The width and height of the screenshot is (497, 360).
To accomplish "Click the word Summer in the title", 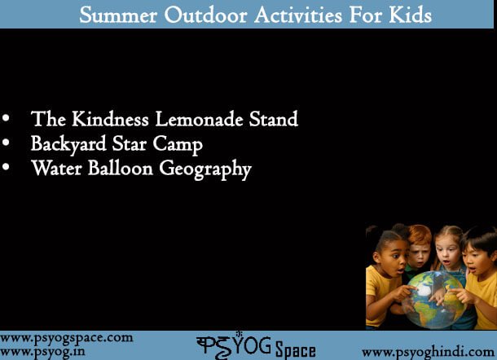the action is [x=118, y=15].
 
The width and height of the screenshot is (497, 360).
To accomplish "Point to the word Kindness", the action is [x=110, y=119].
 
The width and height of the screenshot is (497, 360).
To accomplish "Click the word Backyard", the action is [x=68, y=144].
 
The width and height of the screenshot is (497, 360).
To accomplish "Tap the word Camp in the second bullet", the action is [x=178, y=145].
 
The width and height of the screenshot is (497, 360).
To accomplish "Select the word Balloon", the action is [x=121, y=168].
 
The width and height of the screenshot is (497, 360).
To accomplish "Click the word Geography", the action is [x=205, y=169].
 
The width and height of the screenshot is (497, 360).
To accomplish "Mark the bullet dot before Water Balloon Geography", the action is [x=6, y=167].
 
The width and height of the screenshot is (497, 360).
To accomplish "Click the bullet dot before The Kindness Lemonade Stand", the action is [x=6, y=118].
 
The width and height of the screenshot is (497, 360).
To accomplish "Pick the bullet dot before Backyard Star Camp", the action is [x=6, y=143].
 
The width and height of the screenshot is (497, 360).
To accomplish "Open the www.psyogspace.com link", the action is [x=67, y=339].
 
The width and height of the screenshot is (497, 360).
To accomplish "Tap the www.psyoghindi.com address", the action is [x=429, y=353].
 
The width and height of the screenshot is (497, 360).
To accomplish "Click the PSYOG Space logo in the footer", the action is [x=256, y=345].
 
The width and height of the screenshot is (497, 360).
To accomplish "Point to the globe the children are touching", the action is [x=434, y=299].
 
